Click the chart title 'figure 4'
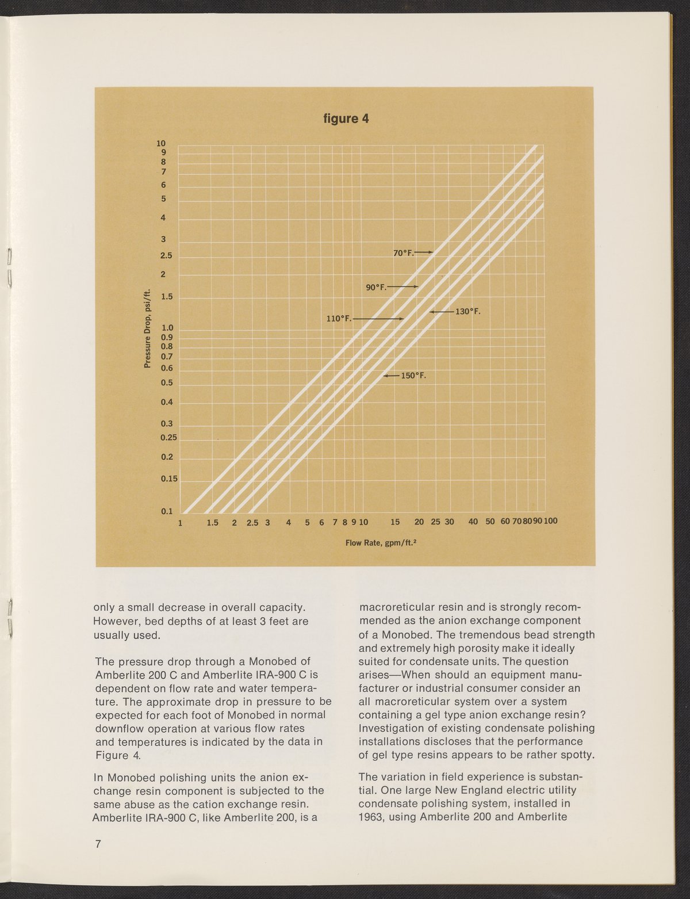click(345, 119)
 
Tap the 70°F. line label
click(402, 253)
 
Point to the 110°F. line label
click(339, 318)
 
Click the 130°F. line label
click(467, 312)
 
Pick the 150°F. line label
click(413, 376)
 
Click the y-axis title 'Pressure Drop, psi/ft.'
click(147, 327)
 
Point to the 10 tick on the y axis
click(162, 143)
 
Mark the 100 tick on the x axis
click(550, 521)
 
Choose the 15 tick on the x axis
click(395, 522)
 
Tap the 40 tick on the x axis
click(473, 522)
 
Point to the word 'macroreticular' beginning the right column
click(396, 607)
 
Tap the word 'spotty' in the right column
click(573, 755)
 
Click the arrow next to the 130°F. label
click(441, 312)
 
